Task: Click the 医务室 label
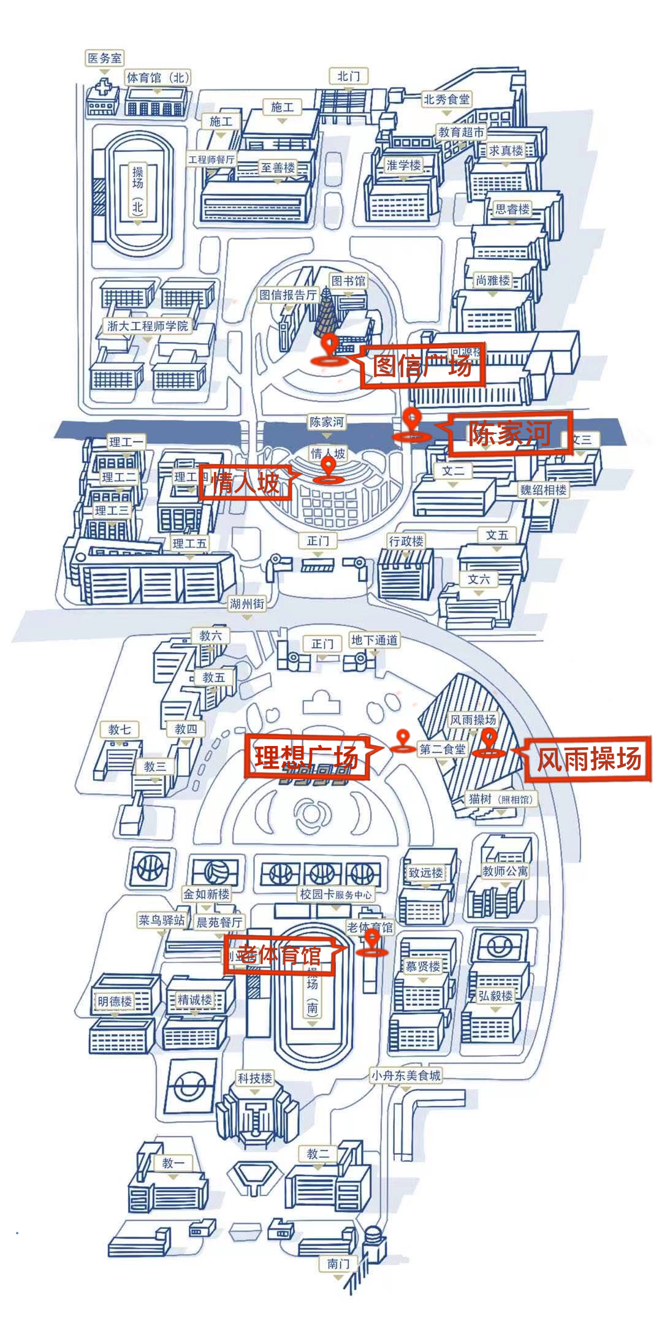coord(105,58)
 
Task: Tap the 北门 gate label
coord(348,76)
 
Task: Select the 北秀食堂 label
coord(446,99)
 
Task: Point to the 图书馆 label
coord(348,281)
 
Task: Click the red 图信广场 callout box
coord(423,366)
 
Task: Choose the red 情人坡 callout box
coord(245,483)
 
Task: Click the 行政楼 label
coord(406,541)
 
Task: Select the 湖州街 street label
coord(247,604)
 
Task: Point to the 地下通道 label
coord(374,640)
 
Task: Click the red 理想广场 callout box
coord(307,757)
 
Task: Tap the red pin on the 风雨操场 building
coord(489,741)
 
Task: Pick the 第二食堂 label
coord(442,749)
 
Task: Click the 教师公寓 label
coord(505,870)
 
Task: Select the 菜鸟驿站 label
coord(161,920)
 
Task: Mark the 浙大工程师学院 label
coord(148,326)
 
